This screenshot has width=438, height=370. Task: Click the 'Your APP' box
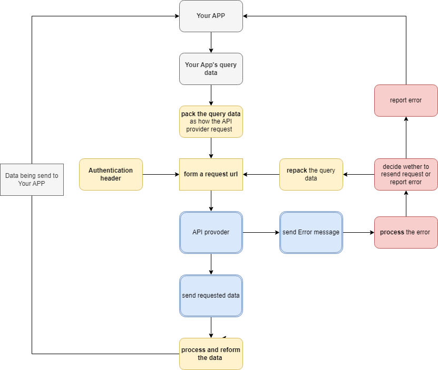[x=211, y=16]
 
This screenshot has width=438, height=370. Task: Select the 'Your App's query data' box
[x=211, y=69]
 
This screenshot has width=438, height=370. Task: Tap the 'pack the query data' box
[x=211, y=121]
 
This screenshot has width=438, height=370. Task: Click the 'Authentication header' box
[x=111, y=175]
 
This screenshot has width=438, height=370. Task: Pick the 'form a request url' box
[x=211, y=175]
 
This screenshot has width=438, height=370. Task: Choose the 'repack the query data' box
[x=311, y=175]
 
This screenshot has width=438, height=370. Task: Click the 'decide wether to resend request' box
[x=406, y=175]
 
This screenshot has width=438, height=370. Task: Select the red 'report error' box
[x=406, y=100]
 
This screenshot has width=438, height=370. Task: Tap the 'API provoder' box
[x=211, y=232]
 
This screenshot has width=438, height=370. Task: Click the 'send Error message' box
[x=311, y=232]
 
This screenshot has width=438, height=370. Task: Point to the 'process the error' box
[x=406, y=232]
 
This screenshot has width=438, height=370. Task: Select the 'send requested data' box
[x=211, y=296]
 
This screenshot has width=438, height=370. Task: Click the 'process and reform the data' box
[x=211, y=354]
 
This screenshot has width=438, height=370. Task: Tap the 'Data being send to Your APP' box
[x=32, y=179]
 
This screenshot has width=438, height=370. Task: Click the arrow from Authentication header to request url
[x=161, y=175]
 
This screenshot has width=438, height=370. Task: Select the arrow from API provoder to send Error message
[x=261, y=232]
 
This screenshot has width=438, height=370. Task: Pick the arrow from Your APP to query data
[x=211, y=43]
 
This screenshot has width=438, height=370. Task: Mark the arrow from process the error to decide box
[x=406, y=204]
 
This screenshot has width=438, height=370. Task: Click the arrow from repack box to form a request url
[x=261, y=175]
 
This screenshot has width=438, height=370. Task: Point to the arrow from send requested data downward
[x=211, y=327]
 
